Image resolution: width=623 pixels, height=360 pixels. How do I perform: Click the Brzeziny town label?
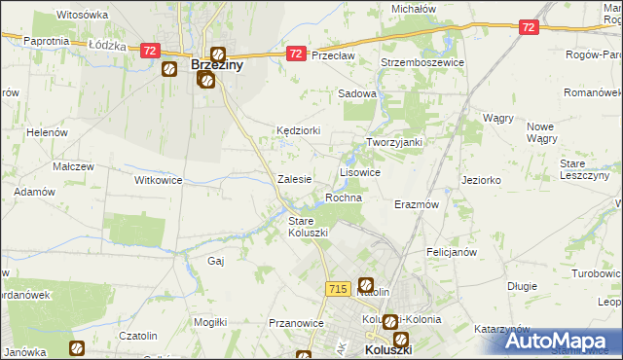pos(217,65)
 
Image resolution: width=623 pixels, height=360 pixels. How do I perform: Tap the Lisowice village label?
pos(359,171)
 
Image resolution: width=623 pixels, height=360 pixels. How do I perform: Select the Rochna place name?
pos(344,198)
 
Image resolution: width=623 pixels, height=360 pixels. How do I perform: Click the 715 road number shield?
pos(338,289)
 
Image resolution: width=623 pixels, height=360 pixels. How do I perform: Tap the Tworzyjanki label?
pos(393,142)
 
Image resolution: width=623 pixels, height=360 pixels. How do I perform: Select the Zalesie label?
pos(294,179)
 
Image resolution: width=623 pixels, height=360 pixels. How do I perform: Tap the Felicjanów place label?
pos(451,252)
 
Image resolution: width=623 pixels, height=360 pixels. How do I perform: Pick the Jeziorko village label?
pos(481,180)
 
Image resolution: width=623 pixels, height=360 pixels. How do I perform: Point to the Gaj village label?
pos(217,261)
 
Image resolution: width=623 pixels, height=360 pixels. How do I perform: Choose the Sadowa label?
pos(356,93)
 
